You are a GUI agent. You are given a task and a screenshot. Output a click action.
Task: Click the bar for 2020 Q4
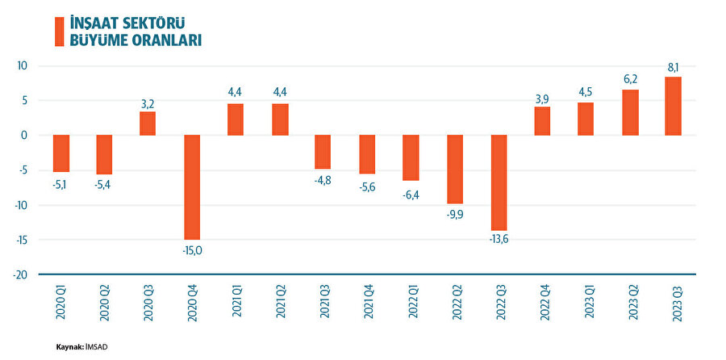click(192, 186)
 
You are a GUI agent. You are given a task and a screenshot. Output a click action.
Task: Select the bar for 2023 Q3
click(673, 106)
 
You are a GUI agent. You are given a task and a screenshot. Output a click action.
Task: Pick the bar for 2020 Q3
click(148, 123)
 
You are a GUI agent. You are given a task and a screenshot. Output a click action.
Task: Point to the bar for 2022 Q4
click(542, 121)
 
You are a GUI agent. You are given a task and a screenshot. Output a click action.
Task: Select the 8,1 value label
click(674, 67)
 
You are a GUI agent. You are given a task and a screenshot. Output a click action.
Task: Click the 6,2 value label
click(630, 80)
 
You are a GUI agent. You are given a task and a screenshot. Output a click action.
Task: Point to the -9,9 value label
click(454, 215)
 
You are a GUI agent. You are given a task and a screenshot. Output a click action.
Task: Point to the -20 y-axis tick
click(19, 274)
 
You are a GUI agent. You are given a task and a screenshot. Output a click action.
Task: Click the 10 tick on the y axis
click(23, 66)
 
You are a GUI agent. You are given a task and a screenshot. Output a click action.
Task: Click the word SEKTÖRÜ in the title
click(160, 22)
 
